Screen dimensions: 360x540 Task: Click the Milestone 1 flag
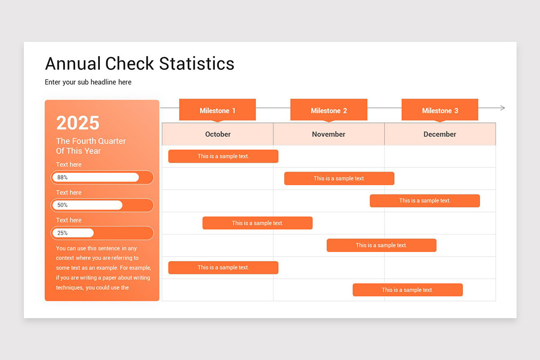(217, 110)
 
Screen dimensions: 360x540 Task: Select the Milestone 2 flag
(328, 110)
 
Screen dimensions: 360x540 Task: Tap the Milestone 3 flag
(440, 110)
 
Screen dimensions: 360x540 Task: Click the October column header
(218, 134)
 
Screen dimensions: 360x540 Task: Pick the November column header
(328, 134)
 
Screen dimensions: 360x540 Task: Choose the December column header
(440, 134)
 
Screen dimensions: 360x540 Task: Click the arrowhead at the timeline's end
(502, 108)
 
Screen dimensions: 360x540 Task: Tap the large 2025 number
(78, 123)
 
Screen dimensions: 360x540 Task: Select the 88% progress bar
(102, 177)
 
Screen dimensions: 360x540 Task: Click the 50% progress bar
(102, 205)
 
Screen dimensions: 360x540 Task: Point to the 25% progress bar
(102, 233)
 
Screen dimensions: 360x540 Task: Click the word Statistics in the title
(197, 64)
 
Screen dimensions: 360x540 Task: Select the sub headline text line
(88, 82)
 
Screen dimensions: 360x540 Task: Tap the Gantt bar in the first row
(223, 156)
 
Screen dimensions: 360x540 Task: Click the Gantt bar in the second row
(339, 179)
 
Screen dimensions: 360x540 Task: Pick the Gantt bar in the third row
(425, 201)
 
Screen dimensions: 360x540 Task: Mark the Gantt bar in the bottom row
(408, 290)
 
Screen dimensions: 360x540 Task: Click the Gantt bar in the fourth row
(257, 223)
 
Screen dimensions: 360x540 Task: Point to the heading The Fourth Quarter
(91, 141)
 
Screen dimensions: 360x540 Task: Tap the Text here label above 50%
(69, 193)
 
